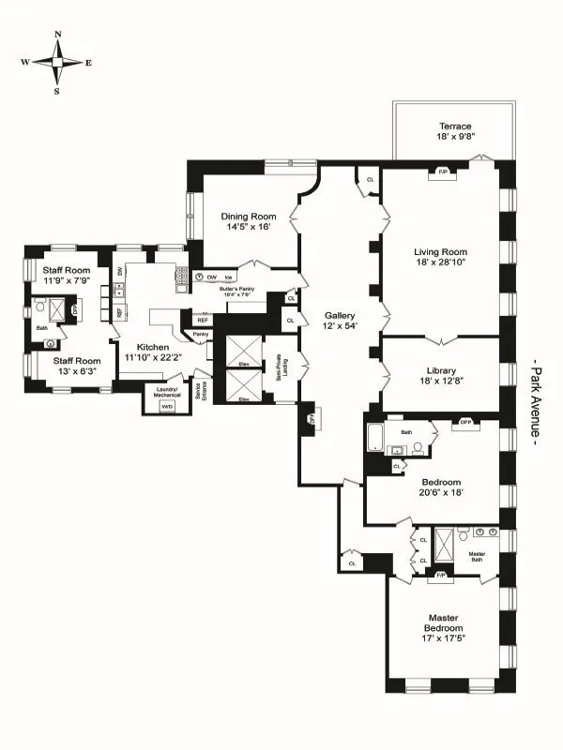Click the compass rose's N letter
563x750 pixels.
57,36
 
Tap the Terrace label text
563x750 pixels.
455,127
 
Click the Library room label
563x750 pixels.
441,368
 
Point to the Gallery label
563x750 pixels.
339,316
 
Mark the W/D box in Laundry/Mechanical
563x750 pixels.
167,407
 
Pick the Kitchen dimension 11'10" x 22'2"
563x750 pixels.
153,357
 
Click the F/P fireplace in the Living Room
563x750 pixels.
441,172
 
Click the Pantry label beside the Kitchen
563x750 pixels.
201,334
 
